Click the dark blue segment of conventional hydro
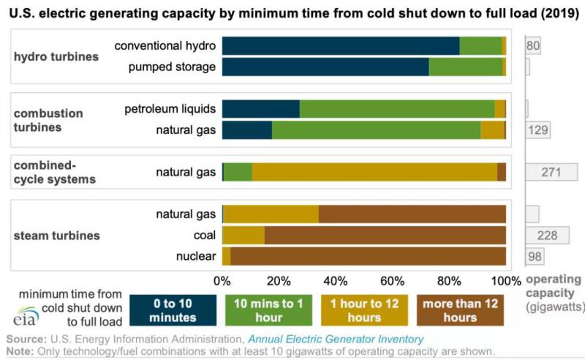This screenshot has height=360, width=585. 340,46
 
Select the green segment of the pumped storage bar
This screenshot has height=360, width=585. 465,67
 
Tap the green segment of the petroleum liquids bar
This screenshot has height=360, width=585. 396,109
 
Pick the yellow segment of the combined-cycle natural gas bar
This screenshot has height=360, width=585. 374,172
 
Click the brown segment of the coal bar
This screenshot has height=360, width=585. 385,235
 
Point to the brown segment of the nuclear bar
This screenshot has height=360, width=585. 368,256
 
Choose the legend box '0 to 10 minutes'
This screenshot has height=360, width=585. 173,310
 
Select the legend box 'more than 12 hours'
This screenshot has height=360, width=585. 459,310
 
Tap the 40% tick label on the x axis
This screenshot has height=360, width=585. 335,280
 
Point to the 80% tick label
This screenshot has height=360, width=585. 448,280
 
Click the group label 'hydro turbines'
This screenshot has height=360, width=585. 56,56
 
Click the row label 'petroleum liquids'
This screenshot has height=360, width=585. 170,109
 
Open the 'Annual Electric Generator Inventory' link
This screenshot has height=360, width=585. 335,339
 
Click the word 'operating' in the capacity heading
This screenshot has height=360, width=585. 554,280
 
